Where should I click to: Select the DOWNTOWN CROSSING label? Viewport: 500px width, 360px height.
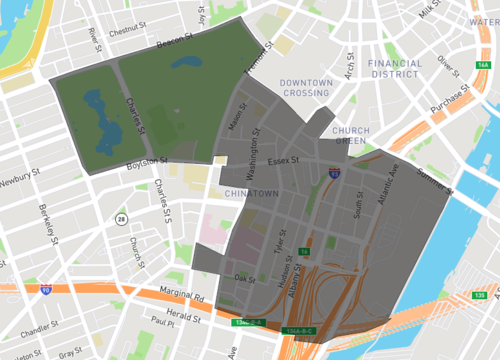coord(306,88)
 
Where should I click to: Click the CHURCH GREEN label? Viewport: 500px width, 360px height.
coord(351,136)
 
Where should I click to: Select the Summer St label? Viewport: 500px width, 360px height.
coord(435,179)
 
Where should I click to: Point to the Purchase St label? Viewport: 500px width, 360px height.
coord(447,102)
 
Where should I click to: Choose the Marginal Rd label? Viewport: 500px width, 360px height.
coord(184,296)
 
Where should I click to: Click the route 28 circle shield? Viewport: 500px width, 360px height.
coord(121,218)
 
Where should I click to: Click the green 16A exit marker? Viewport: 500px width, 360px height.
coord(484,64)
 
